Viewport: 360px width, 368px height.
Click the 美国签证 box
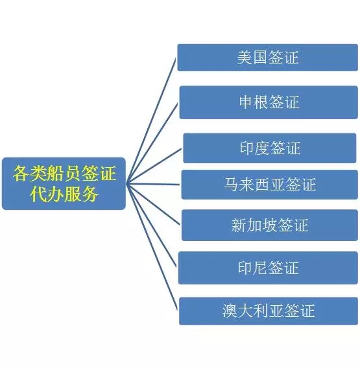click(x=267, y=58)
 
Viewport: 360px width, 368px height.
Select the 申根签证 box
click(x=269, y=102)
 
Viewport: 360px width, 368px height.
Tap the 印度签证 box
click(x=270, y=148)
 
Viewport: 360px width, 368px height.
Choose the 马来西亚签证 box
click(x=270, y=185)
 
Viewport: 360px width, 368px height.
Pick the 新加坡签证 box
click(x=270, y=225)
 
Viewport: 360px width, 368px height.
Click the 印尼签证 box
click(x=268, y=268)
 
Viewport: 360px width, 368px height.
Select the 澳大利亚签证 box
click(x=269, y=311)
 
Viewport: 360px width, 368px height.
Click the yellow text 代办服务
click(x=64, y=194)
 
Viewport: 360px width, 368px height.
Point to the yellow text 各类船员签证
click(x=64, y=174)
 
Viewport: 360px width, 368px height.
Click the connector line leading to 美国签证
click(x=151, y=121)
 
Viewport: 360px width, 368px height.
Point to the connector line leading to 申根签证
click(x=152, y=144)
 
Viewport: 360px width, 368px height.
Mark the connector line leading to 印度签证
click(x=154, y=166)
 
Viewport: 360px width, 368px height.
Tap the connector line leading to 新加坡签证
click(x=153, y=204)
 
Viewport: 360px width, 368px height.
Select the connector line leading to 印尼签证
click(x=151, y=225)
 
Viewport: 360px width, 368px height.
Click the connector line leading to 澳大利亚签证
click(x=152, y=247)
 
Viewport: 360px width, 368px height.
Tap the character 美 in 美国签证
click(x=245, y=58)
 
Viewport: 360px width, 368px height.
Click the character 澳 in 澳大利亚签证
click(x=230, y=311)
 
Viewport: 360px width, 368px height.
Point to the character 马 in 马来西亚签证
click(x=232, y=185)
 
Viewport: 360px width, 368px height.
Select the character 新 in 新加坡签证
click(x=239, y=225)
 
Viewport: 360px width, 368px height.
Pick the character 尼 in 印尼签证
click(x=260, y=268)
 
